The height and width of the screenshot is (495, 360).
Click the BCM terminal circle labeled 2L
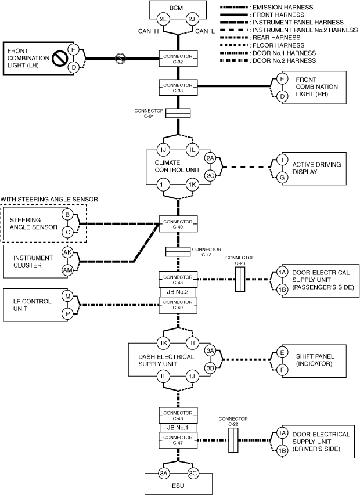[163, 20]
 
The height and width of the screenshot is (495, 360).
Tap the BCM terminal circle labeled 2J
[192, 20]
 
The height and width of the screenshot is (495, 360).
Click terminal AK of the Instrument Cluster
[67, 252]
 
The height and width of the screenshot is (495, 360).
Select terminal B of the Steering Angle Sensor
[67, 215]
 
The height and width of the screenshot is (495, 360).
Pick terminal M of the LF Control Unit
[67, 297]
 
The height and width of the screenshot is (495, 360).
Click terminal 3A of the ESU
[164, 473]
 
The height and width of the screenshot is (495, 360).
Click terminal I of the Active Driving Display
[282, 158]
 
